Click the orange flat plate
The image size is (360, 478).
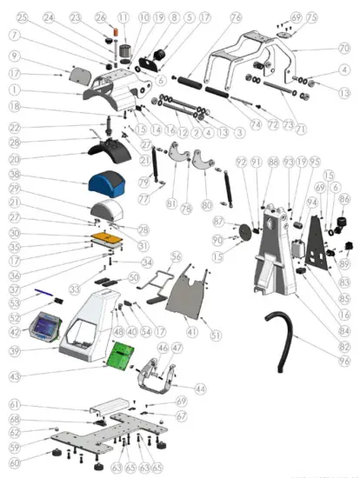click(109, 236)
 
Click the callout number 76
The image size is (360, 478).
click(236, 17)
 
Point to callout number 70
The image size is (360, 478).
click(343, 48)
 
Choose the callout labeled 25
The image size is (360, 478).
click(22, 17)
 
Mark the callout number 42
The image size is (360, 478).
click(15, 331)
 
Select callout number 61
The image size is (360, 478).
click(15, 404)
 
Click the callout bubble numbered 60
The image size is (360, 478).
click(15, 463)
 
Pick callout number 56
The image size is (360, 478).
click(177, 257)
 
